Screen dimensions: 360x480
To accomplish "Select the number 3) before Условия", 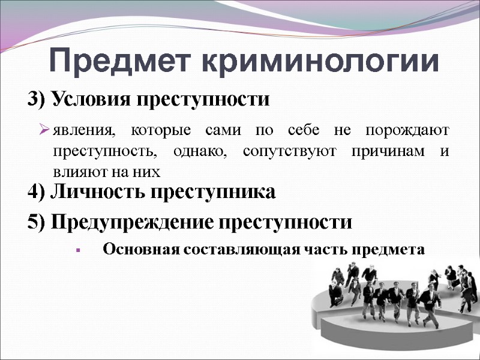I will tap(37, 98).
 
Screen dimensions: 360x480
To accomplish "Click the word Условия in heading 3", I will tap(89, 98).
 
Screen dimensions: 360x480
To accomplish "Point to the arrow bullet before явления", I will tap(44, 130).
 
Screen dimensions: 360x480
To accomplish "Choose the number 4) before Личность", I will tap(37, 193).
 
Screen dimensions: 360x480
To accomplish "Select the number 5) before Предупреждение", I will tap(37, 223).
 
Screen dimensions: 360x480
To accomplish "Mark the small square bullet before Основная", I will tap(78, 250).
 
